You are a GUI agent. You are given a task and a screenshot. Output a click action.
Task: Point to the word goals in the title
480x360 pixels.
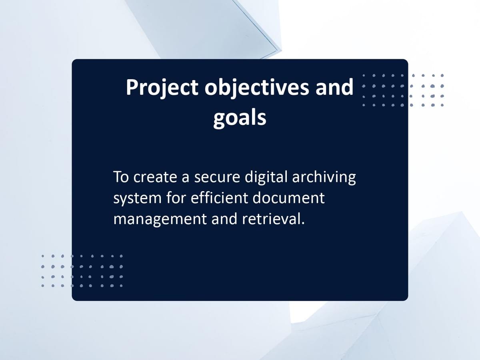[x=240, y=118]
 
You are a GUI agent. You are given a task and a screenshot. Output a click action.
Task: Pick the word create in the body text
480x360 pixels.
[x=155, y=177]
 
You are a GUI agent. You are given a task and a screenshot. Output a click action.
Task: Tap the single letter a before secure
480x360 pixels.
[x=186, y=178]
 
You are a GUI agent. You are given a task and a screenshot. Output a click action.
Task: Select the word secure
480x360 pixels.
[x=217, y=178]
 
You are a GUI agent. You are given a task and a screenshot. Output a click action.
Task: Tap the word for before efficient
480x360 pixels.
[x=176, y=197]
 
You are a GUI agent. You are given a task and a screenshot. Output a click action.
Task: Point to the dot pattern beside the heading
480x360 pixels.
[x=403, y=90]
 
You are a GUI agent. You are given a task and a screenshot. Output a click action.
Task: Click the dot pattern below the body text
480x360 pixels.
[x=82, y=271]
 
